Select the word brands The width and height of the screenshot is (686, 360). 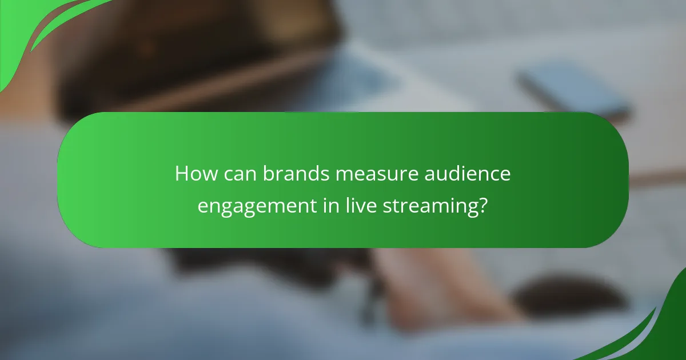point(296,174)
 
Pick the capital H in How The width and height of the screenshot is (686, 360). point(182,174)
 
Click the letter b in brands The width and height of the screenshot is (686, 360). point(268,174)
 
